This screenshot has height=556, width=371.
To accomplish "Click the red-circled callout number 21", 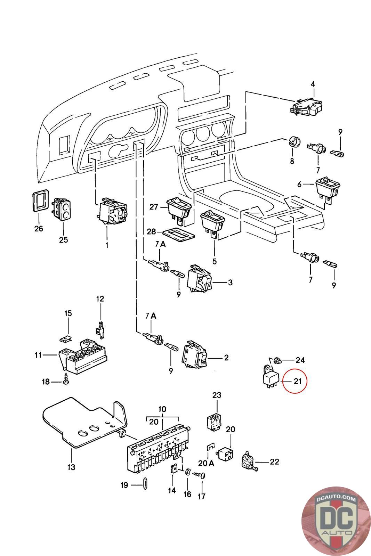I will point(297,381).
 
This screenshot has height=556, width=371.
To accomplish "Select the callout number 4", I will point(313,84).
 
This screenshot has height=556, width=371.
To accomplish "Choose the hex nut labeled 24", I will point(277,360).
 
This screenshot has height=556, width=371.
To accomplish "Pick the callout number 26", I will point(39,228).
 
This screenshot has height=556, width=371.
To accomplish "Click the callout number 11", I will point(38,355).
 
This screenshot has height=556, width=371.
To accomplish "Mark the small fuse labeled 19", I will point(145,484).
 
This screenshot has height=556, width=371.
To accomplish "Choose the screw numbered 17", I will point(199,475).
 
